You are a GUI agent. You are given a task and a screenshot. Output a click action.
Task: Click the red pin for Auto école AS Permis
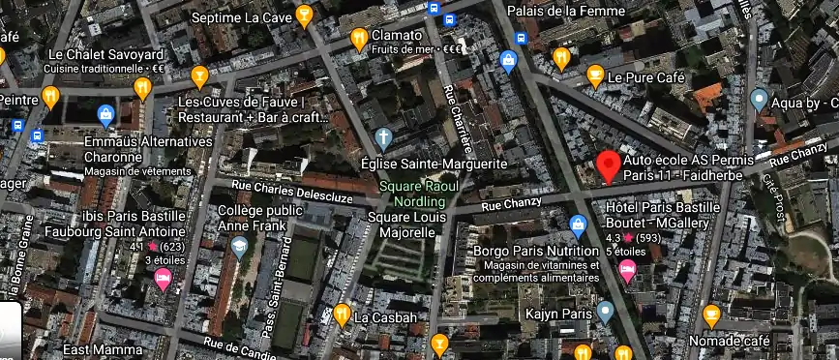coord(608,165)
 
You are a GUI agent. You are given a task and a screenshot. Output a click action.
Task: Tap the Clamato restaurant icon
coord(359,39)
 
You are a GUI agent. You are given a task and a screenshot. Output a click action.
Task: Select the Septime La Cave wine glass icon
coord(304,15)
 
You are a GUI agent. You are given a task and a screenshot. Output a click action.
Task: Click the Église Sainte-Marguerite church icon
coord(384,137)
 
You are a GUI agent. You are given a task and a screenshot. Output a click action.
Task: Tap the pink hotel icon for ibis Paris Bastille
coord(164,281)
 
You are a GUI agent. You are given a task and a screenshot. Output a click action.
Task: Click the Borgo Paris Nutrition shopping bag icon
coord(579,227)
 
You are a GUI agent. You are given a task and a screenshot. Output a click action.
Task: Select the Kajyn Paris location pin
coord(605,312)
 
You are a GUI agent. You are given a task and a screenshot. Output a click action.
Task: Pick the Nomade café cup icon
coord(711,315)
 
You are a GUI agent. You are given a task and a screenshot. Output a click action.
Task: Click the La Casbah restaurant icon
coord(342,314)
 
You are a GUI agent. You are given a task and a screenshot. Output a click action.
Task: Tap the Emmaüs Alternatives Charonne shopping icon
coord(105,116)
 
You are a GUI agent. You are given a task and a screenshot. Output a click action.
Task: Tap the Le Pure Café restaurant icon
coord(593,75)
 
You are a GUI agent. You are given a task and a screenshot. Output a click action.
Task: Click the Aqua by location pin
coord(759,100)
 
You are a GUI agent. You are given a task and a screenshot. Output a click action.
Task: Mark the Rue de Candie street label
coord(240,347)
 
